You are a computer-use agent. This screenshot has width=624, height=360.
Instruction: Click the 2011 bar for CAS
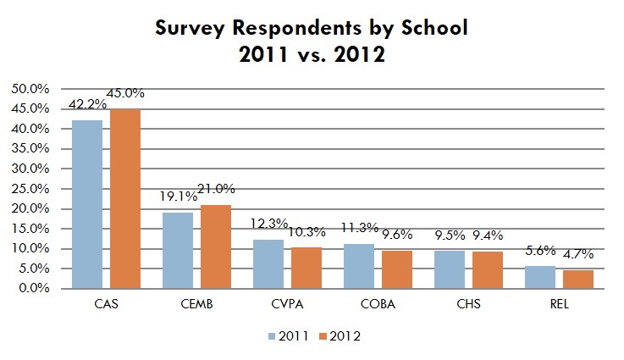click(87, 204)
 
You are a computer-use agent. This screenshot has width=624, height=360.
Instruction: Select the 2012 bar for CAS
click(124, 199)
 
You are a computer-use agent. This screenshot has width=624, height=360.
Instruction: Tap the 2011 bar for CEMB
click(178, 250)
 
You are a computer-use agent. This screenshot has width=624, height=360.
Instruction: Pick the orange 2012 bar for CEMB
click(216, 246)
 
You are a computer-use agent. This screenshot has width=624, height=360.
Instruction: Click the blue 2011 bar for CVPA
click(268, 263)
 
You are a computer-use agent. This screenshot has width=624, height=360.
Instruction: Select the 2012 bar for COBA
click(397, 269)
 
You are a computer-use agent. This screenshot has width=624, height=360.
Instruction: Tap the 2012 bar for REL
click(578, 279)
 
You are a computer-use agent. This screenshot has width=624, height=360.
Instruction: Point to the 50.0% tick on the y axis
click(29, 89)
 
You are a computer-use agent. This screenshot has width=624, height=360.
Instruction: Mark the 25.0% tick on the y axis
click(29, 189)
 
